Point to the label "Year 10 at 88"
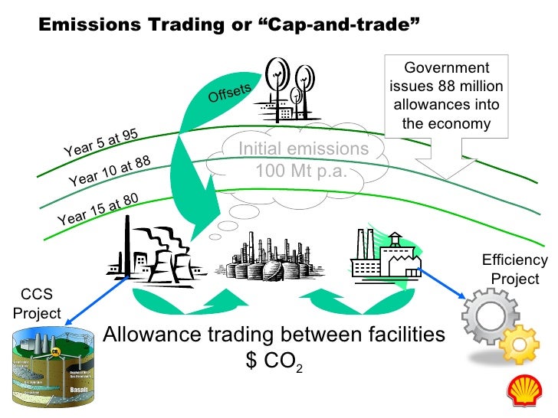(x=109, y=171)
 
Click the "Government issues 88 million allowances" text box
(x=445, y=95)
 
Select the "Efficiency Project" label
(x=514, y=269)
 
